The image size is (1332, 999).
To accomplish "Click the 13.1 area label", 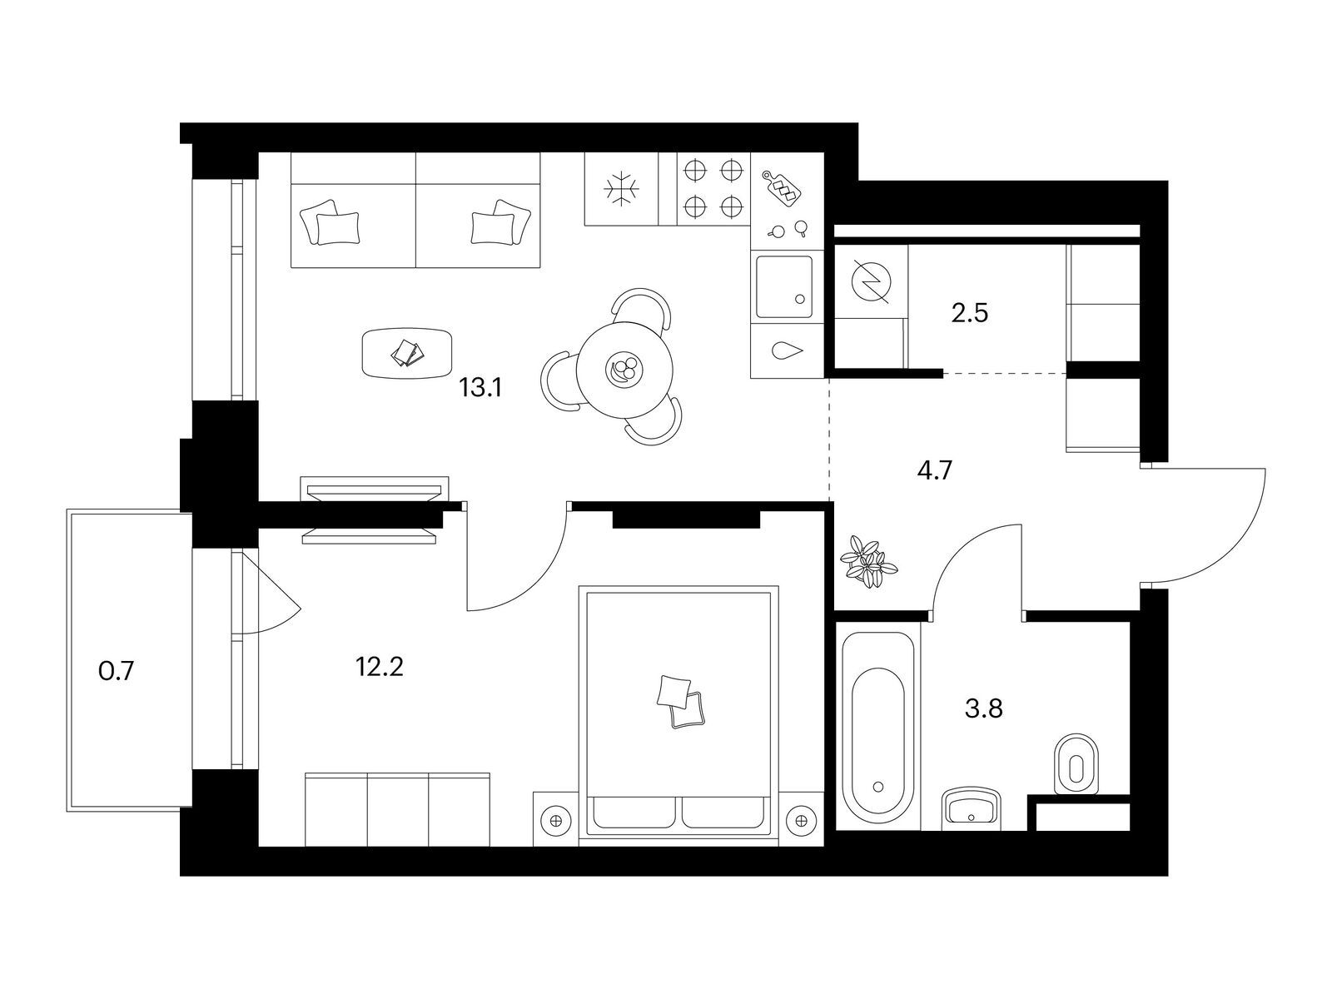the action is point(480,388).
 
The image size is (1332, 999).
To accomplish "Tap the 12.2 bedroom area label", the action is point(380,667).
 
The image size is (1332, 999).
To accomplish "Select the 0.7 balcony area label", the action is point(116,672).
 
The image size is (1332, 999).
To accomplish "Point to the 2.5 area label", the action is point(970,313).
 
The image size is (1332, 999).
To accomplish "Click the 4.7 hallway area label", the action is point(935,470).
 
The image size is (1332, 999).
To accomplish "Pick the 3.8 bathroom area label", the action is point(984,708).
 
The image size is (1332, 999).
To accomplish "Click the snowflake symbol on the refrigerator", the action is point(621,188).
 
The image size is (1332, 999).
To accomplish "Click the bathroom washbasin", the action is point(972,808).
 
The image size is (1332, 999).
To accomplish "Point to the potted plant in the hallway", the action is point(867,560).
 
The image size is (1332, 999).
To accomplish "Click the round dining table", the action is point(625,368).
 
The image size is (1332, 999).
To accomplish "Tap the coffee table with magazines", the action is point(406,353).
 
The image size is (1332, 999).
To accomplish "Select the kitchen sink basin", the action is point(783,286).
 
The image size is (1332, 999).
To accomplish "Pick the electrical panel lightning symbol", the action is point(871,281).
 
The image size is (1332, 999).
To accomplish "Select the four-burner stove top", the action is point(713,188).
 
